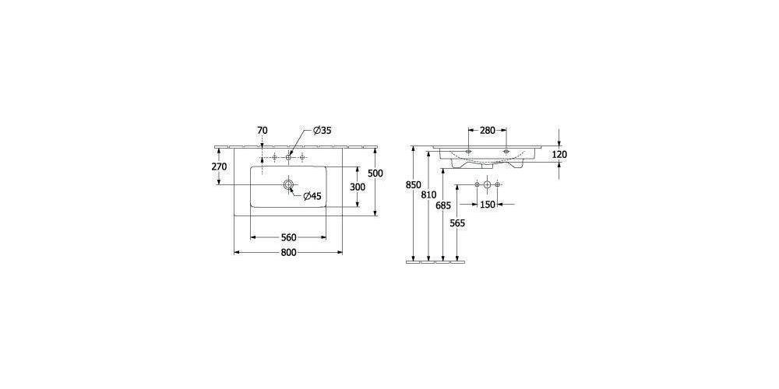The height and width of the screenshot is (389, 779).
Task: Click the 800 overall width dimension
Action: [288, 253]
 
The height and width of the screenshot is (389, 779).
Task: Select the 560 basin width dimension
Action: [289, 237]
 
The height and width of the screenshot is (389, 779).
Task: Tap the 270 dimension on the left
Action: [219, 166]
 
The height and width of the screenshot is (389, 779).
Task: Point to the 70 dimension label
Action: [263, 131]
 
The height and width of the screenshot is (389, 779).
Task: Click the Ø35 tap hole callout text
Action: [322, 131]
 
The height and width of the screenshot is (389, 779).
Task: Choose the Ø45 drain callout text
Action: [312, 196]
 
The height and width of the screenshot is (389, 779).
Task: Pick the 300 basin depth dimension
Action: [358, 187]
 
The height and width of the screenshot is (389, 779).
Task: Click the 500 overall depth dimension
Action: [375, 173]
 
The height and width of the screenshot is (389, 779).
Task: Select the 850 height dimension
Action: [413, 185]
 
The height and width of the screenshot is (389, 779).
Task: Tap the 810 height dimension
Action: [428, 195]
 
